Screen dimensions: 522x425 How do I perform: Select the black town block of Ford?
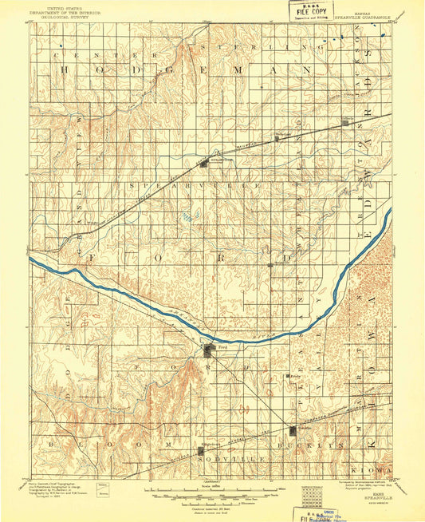coord(209,350)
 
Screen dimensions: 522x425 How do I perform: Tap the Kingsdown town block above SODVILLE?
coord(200,453)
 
